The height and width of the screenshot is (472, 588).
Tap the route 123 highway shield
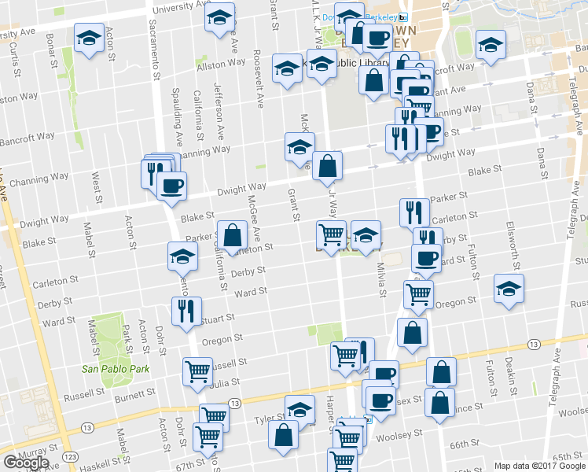[x=72, y=456]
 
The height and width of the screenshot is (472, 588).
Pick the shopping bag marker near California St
[x=233, y=234]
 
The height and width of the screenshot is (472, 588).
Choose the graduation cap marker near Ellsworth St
[x=509, y=289]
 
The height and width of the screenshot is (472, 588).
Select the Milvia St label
[x=383, y=280]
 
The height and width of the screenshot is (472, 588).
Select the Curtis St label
[x=15, y=56]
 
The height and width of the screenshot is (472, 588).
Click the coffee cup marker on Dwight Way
[x=171, y=186]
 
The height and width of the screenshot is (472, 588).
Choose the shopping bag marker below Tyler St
[x=283, y=434]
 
